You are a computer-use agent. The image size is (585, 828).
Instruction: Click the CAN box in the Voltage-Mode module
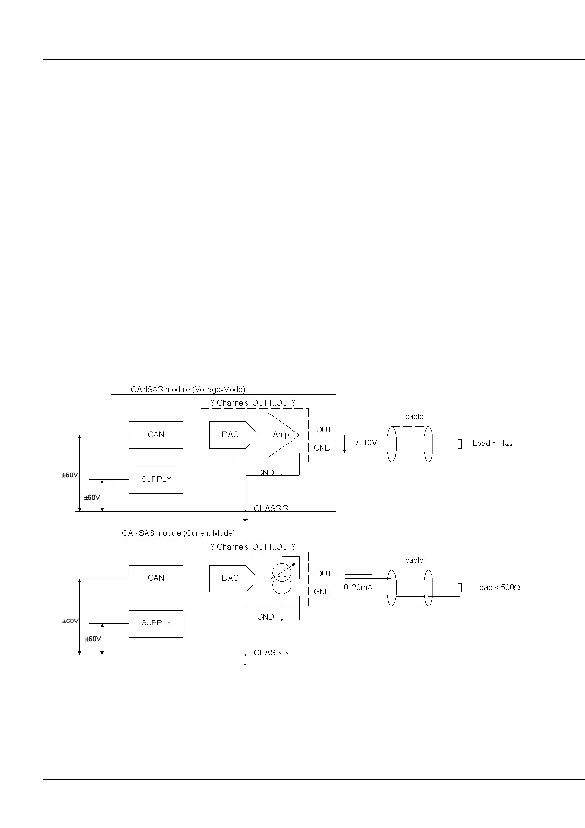point(156,435)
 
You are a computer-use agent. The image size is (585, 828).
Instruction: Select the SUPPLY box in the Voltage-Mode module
point(156,479)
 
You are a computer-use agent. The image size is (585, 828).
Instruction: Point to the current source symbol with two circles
point(282,579)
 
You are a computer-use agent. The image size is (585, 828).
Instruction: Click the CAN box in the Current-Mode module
point(156,578)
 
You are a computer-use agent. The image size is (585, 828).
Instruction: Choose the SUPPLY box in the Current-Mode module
point(156,623)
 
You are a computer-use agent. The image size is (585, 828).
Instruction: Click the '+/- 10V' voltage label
point(364,443)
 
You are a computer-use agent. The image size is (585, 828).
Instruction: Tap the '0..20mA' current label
point(358,587)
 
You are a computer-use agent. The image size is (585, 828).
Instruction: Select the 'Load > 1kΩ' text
point(493,444)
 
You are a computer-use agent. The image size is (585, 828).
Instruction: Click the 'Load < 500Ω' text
point(497,588)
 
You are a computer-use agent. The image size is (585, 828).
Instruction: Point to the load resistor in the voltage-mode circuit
point(460,444)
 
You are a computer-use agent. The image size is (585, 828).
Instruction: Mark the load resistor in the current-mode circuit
point(460,588)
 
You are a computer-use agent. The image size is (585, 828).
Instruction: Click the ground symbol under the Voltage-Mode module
point(245,518)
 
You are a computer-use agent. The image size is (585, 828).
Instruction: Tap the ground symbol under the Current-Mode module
point(245,662)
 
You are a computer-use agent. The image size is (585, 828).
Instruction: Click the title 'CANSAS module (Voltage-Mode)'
point(188,390)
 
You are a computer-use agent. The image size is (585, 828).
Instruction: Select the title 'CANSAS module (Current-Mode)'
point(178,533)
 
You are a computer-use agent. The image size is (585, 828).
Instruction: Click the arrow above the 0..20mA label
point(358,574)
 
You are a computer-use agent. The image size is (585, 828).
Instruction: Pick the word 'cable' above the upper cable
point(414,417)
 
